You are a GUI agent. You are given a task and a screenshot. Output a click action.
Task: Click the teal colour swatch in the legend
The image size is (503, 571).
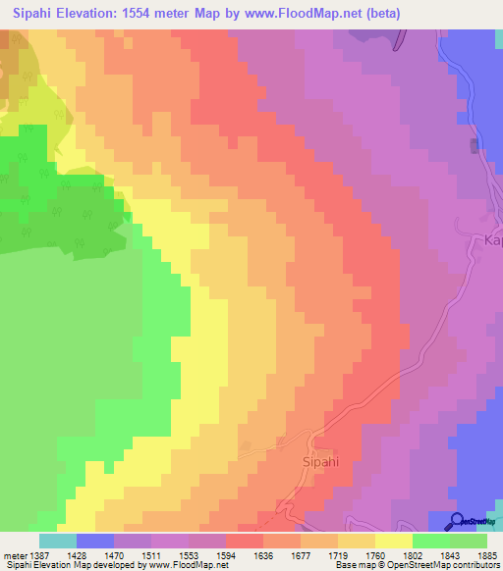(58, 541)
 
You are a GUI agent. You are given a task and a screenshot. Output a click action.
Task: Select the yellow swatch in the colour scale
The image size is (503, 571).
(394, 541)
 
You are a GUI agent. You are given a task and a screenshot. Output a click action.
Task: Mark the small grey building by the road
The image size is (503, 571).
(475, 146)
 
